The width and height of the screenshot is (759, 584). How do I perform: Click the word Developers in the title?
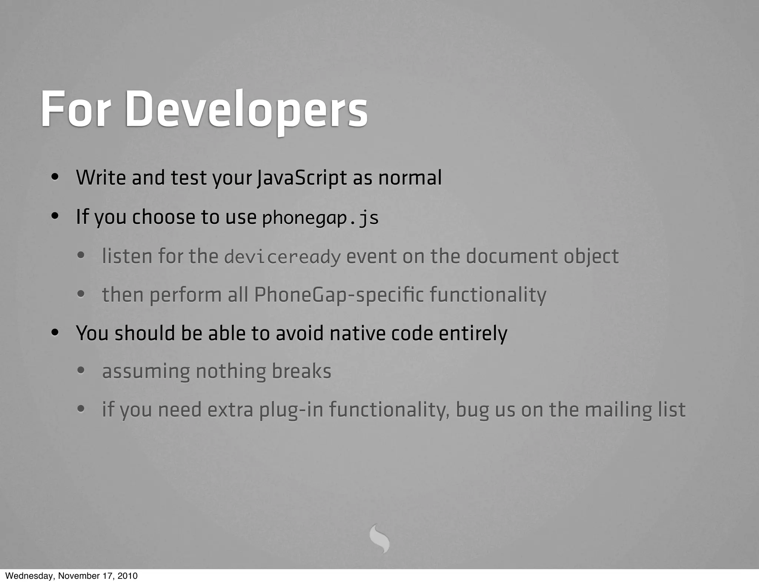tap(246, 110)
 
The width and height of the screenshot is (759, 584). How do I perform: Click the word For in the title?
tap(76, 110)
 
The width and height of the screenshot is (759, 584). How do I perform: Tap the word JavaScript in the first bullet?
tap(302, 177)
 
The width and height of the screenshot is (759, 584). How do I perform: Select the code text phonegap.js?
tap(320, 218)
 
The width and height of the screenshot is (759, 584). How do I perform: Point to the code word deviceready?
tap(282, 257)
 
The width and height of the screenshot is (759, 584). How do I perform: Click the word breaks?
tap(301, 371)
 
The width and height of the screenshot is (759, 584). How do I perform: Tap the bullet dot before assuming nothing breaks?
tap(81, 370)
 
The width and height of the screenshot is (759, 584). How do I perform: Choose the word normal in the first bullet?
tap(410, 177)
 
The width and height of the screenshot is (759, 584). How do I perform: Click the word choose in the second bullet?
tap(163, 217)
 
